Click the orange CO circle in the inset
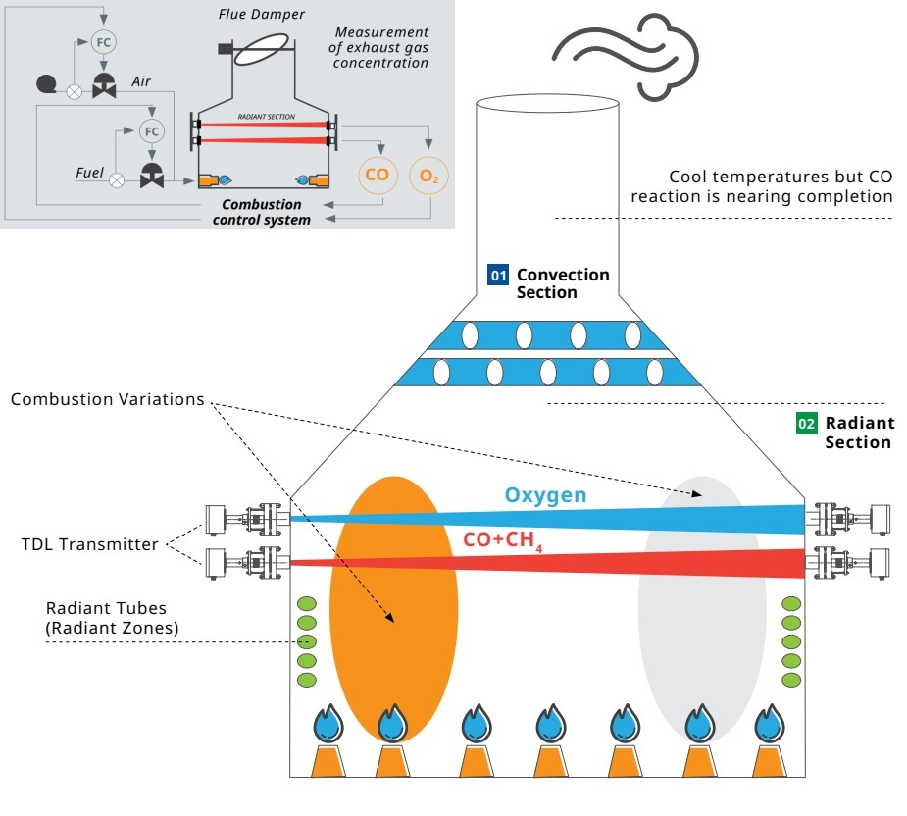[x=377, y=176]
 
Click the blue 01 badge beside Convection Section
[x=499, y=276]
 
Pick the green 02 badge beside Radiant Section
[x=806, y=424]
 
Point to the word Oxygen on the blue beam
[x=545, y=495]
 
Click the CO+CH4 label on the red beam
[x=501, y=540]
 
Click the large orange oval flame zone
[x=394, y=608]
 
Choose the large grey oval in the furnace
[x=702, y=608]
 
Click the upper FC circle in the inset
[x=102, y=42]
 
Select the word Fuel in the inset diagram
[x=90, y=173]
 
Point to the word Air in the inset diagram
[x=141, y=83]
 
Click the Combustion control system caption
[x=261, y=212]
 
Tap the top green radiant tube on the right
[x=790, y=603]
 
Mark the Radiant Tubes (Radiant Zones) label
[x=112, y=619]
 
